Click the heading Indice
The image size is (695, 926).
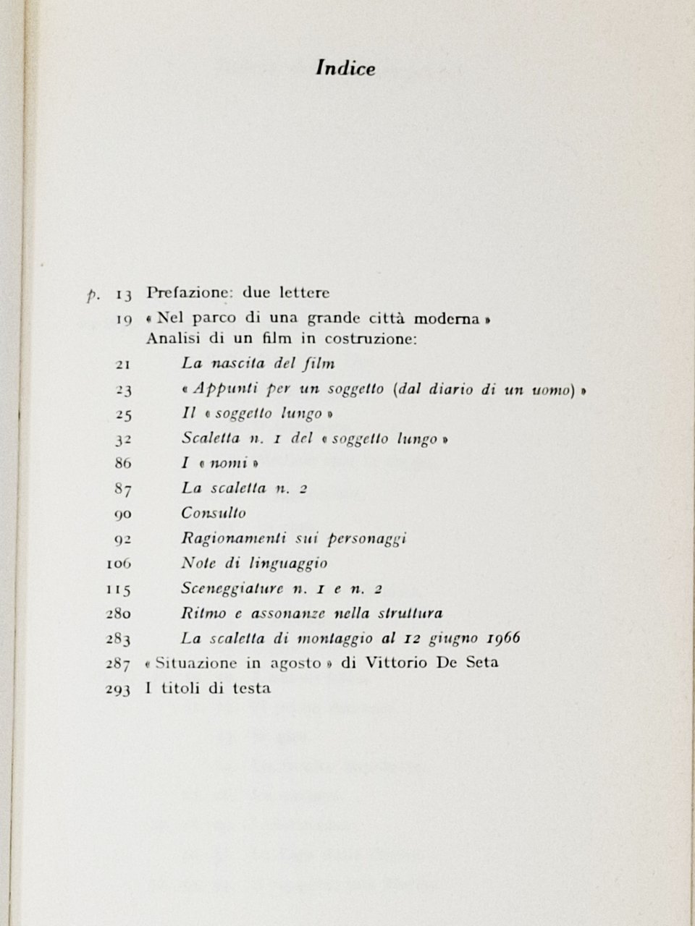pyautogui.click(x=347, y=69)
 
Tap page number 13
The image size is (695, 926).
pyautogui.click(x=122, y=294)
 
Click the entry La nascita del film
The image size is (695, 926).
pyautogui.click(x=258, y=364)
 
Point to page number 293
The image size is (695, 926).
pyautogui.click(x=117, y=689)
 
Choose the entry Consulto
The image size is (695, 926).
pyautogui.click(x=214, y=513)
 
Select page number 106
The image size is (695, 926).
pyautogui.click(x=117, y=564)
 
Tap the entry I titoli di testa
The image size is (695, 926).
pyautogui.click(x=208, y=688)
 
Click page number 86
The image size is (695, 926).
pyautogui.click(x=123, y=464)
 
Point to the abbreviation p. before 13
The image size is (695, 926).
pyautogui.click(x=92, y=296)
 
